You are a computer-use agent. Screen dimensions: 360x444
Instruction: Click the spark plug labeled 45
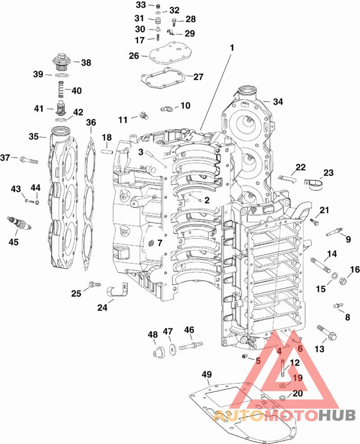coord(19,223)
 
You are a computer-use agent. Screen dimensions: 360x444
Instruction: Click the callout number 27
coord(198,77)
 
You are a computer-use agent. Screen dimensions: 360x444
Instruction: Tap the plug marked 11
coord(144,115)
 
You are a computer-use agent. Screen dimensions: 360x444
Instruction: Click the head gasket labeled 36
coord(90,204)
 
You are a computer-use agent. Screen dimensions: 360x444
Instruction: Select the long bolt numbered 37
coord(29,160)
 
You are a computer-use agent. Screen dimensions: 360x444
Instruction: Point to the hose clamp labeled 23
coord(314,184)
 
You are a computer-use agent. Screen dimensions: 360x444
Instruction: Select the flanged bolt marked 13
coord(327,333)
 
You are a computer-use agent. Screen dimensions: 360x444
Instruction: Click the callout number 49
coord(207,374)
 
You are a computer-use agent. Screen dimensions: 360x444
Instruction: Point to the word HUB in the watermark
coord(337,415)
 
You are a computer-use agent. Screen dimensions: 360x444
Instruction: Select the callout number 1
coord(232,48)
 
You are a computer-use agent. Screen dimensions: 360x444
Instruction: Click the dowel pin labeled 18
coord(107,152)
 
